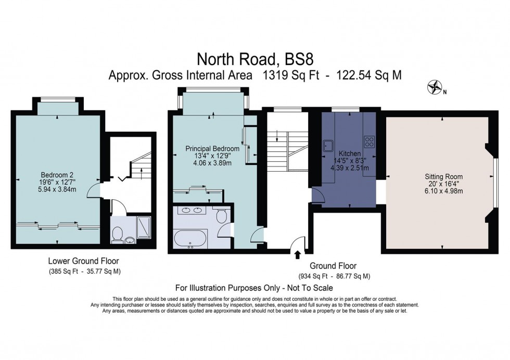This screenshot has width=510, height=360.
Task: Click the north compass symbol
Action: point(432,87)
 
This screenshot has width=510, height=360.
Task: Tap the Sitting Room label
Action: point(443,177)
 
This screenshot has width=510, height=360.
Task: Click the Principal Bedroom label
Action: point(212,149)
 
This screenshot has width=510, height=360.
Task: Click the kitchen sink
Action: point(329,144)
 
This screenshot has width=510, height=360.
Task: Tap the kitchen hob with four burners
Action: point(369,140)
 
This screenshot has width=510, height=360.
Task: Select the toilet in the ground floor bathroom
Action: point(220,214)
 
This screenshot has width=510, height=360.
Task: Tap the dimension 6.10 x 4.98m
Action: point(443,191)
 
